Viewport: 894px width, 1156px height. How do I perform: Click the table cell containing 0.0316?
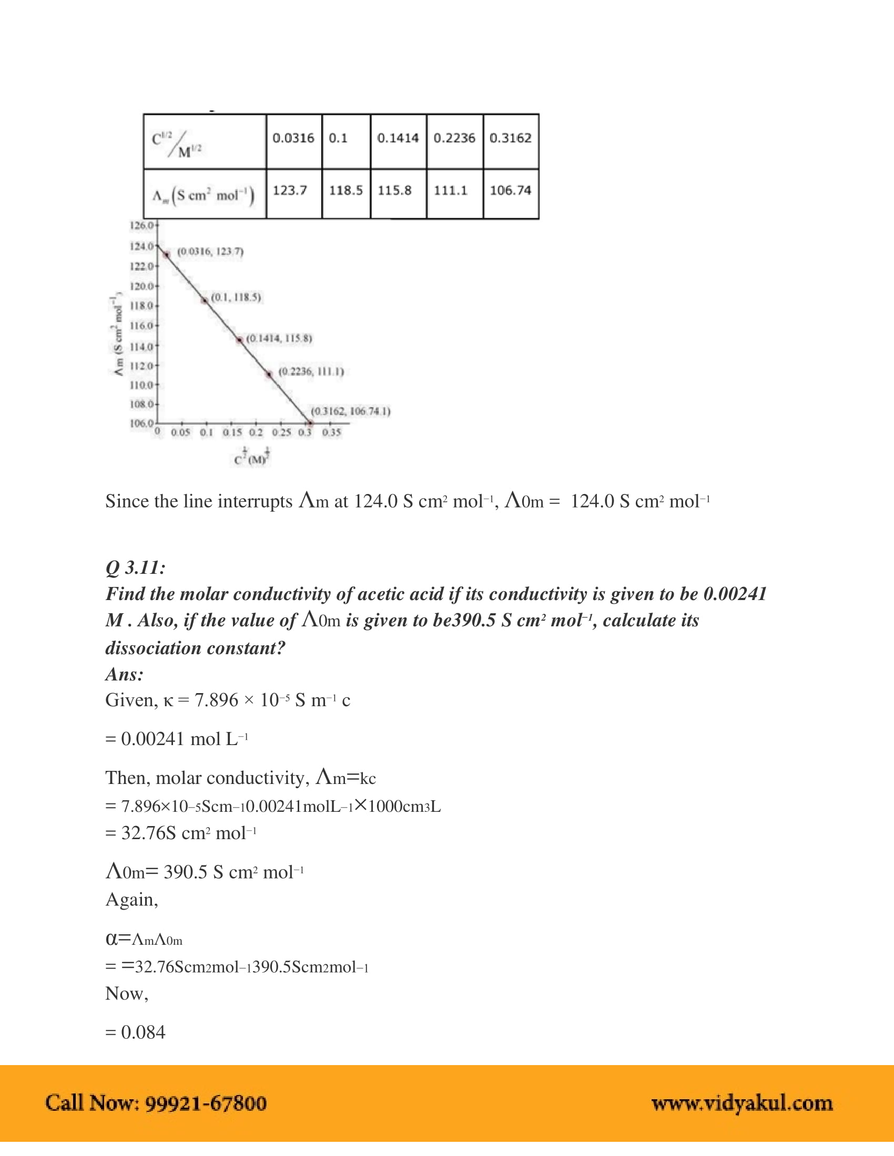(x=293, y=139)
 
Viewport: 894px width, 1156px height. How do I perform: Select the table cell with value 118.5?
(x=346, y=191)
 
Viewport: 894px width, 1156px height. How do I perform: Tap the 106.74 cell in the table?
(x=511, y=191)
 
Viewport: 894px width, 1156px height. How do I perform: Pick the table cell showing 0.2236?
(x=454, y=139)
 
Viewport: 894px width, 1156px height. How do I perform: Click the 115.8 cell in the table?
(x=395, y=191)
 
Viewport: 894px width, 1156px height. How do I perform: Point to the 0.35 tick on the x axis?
(x=331, y=432)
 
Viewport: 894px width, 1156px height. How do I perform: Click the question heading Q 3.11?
(x=136, y=568)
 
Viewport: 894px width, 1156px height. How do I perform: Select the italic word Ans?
(x=125, y=674)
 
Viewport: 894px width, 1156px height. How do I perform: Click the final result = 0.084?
(x=136, y=1032)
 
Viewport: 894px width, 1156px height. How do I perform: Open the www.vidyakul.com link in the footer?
(x=742, y=1103)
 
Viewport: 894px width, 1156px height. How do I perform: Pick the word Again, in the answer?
(x=132, y=899)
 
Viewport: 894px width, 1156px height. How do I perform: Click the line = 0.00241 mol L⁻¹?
(x=177, y=739)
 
